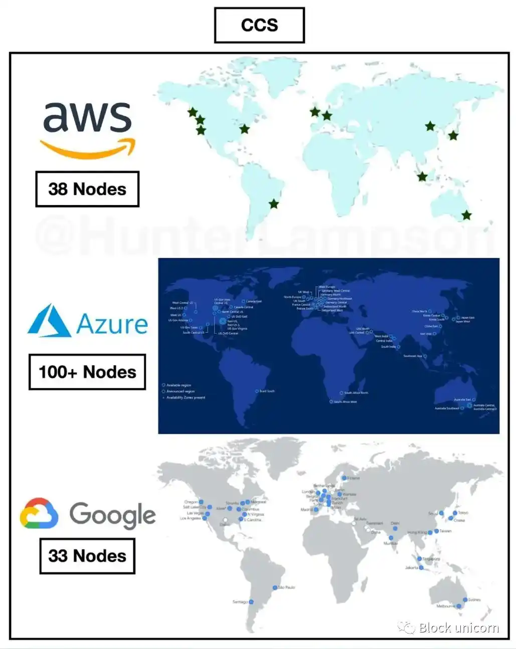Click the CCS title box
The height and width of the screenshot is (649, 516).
click(259, 25)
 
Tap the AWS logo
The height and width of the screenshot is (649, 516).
click(88, 129)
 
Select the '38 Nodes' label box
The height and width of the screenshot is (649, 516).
click(87, 189)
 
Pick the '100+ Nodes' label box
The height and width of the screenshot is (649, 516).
click(87, 372)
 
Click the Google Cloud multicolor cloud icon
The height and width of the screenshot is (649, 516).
click(39, 514)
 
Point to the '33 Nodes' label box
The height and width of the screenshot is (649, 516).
click(87, 556)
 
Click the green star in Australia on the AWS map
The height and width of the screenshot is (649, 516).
click(466, 215)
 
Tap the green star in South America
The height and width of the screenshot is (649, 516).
click(273, 204)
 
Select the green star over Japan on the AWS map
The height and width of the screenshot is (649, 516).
click(453, 135)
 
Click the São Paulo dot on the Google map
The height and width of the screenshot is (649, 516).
click(275, 587)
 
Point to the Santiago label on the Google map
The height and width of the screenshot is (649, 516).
click(240, 602)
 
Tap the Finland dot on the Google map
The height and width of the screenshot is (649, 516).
click(344, 478)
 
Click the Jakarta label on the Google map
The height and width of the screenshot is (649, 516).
click(412, 568)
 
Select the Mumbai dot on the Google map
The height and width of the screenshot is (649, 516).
click(391, 538)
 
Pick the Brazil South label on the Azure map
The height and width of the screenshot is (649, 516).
click(267, 391)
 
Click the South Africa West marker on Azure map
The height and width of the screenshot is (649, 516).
click(331, 402)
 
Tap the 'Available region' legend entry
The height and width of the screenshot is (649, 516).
click(179, 385)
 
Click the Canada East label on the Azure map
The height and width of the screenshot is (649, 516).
click(254, 302)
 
